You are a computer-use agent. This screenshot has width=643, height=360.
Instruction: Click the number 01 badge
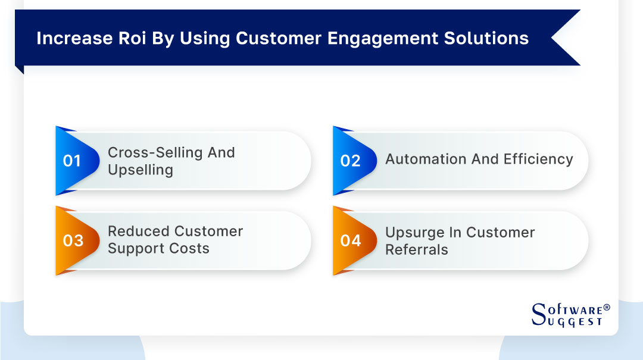[72, 161]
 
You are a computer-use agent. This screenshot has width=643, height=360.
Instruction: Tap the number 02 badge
[350, 161]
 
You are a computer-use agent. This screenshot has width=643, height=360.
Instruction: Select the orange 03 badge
[73, 240]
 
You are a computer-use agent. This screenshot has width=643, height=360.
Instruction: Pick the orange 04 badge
[351, 240]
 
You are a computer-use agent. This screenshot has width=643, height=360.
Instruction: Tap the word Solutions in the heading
[483, 38]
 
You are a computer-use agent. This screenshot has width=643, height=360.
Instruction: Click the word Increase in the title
[64, 38]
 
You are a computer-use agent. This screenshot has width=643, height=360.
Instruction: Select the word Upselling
[141, 170]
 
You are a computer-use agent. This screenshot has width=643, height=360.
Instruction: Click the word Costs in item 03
[192, 249]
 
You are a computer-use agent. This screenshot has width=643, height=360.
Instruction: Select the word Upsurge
[414, 233]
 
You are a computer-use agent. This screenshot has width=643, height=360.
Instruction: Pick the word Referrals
[416, 250]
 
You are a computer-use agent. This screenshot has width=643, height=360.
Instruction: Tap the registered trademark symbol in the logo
[607, 308]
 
